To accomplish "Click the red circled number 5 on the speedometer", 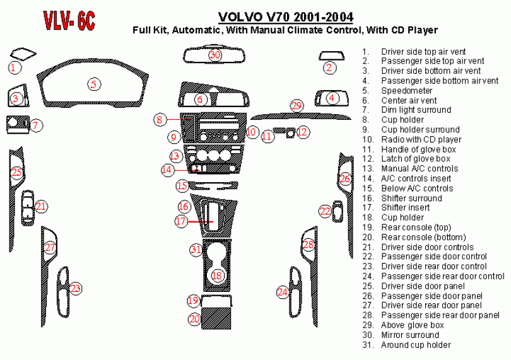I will click(93, 84).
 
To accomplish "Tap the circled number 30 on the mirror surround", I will click(215, 55).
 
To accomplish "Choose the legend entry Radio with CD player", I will click(421, 139).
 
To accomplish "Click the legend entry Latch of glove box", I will click(416, 159).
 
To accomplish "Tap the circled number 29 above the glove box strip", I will click(297, 105).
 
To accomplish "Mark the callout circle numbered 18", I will click(217, 275).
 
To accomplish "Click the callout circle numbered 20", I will click(194, 319).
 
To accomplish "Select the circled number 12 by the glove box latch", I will click(303, 132).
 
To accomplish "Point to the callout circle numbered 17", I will click(182, 221).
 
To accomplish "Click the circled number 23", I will click(75, 289).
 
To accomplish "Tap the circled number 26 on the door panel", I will click(344, 180).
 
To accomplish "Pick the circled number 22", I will click(325, 211).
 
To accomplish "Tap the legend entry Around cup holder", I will click(416, 345).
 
